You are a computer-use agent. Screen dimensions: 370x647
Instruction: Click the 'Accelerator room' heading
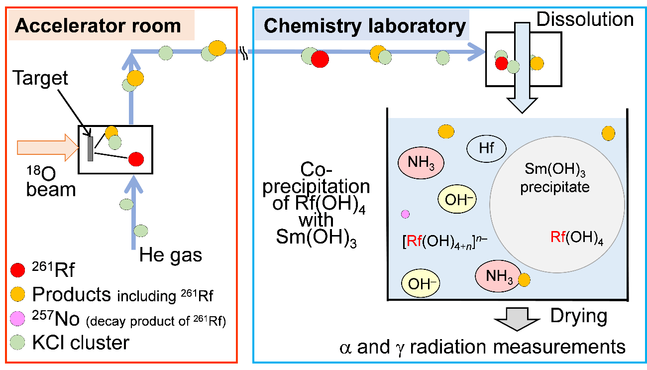98,25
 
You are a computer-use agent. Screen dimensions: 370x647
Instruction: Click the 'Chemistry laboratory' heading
364,25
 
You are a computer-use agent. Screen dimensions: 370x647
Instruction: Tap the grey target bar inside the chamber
90,148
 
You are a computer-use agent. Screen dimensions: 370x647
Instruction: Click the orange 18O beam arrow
48,147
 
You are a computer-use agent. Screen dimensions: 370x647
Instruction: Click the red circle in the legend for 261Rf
17,271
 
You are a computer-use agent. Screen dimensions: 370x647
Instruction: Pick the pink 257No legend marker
17,317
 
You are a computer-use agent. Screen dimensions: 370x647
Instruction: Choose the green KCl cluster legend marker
17,342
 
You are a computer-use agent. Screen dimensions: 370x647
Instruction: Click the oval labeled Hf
486,148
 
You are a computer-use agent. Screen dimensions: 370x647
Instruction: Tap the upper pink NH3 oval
421,163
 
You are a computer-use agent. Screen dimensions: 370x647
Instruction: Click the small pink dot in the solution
405,214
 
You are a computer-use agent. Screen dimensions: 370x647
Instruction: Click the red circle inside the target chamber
136,159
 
